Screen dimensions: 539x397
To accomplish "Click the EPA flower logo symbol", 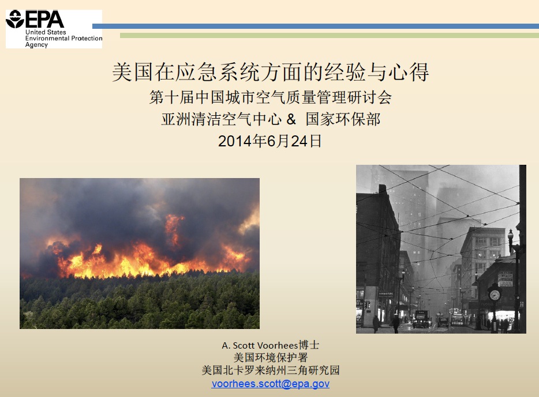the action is click(15, 19).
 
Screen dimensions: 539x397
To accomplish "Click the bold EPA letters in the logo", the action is click(44, 20).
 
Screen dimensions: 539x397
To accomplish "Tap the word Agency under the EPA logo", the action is click(36, 45).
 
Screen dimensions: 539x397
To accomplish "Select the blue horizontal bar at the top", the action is click(316, 26).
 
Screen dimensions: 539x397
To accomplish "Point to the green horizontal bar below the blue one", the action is click(330, 35).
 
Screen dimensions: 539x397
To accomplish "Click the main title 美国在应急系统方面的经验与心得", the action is click(271, 72).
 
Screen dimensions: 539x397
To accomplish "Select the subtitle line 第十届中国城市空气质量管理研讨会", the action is click(271, 97).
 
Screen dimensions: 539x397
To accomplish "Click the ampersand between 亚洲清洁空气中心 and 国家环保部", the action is click(291, 119).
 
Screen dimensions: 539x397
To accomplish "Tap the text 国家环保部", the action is click(343, 119).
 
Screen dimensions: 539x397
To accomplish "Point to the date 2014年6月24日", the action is click(270, 141).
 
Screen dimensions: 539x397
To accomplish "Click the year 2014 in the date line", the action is click(234, 141).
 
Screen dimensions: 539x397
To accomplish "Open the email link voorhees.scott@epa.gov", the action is click(271, 383).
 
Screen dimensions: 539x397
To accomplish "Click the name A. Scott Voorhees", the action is click(260, 345).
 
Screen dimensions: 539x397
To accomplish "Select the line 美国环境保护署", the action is click(271, 358).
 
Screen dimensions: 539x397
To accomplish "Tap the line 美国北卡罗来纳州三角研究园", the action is click(271, 370).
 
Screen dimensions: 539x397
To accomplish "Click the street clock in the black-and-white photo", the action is click(495, 294).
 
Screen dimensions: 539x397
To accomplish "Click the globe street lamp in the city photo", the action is click(511, 236).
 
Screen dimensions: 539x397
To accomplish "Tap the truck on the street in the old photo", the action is click(422, 319).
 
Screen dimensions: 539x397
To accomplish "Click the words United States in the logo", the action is click(46, 32).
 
